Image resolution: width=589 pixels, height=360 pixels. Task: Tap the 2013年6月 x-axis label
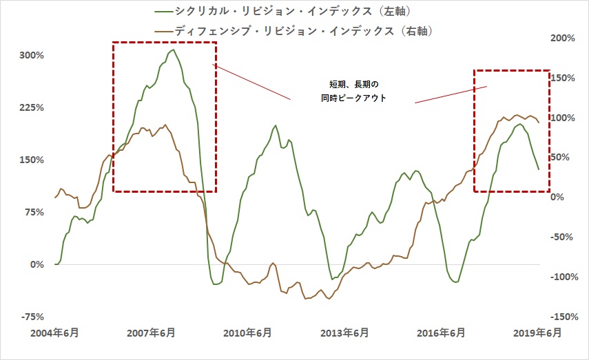point(344,333)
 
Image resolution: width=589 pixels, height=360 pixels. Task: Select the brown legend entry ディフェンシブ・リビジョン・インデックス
point(303,31)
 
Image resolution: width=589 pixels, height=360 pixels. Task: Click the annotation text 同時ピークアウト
point(353,98)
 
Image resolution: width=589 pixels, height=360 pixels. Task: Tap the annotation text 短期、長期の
point(353,85)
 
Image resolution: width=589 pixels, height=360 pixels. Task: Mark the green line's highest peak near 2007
point(173,50)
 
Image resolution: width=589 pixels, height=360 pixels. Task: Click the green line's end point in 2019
point(539,169)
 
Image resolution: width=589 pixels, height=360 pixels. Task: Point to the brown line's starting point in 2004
point(55,198)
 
